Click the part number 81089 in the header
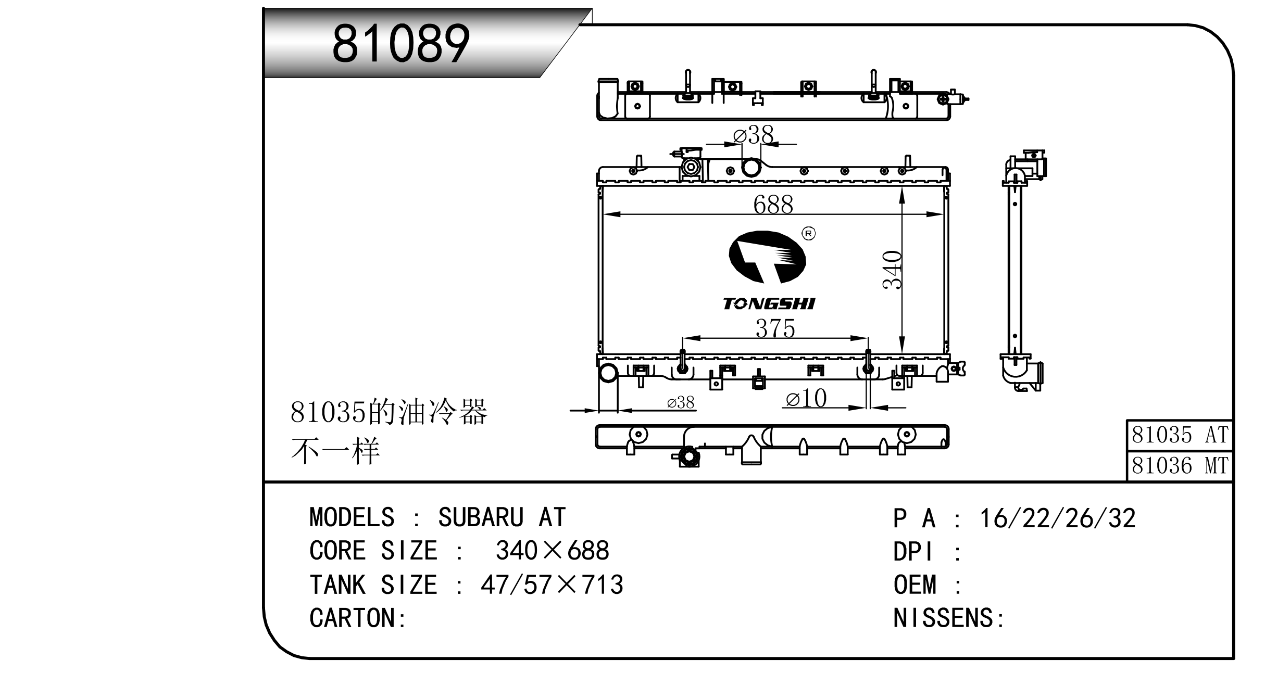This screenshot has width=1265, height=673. pos(401,44)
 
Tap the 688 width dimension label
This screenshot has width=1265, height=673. pos(773,205)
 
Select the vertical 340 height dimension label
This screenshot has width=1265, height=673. pos(892,270)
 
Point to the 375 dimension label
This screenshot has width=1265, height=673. pos(775,328)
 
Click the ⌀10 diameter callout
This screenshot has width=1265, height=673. pos(806,399)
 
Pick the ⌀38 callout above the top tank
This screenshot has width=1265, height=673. pos(753,135)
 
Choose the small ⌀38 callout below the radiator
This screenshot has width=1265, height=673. pos(681,402)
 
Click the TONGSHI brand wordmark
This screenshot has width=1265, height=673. pos(769,303)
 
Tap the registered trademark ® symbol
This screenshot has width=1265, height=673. pos(809,234)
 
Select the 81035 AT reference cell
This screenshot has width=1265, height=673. pos(1180,435)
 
